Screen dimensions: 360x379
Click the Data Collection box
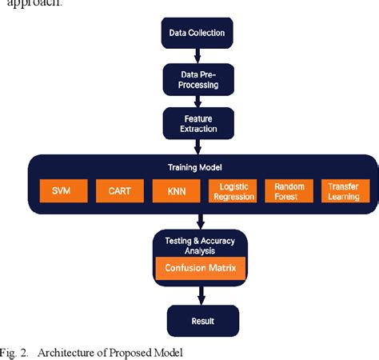click(196, 34)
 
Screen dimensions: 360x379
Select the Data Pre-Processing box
click(196, 78)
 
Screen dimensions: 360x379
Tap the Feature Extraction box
click(196, 122)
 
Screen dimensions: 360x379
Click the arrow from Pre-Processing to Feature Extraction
click(196, 100)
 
